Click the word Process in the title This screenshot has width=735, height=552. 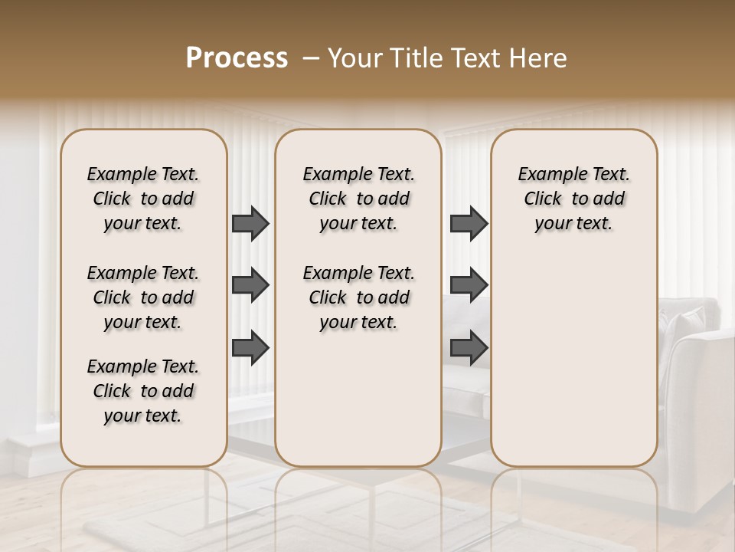[x=237, y=58]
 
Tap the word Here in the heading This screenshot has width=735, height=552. [x=539, y=58]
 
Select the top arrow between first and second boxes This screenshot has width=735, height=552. [x=250, y=223]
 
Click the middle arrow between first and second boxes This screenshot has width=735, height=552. [x=250, y=286]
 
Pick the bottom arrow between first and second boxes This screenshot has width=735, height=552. [x=250, y=348]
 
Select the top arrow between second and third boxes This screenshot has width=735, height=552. [x=469, y=223]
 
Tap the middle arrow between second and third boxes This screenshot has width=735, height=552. [x=469, y=286]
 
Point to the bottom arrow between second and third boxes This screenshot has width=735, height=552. [x=469, y=348]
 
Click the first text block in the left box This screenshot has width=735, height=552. [x=143, y=199]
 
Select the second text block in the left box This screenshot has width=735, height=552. [x=143, y=297]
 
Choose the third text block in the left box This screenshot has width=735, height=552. [x=143, y=391]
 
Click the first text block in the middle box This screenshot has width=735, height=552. [x=358, y=199]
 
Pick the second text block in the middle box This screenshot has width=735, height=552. [x=358, y=297]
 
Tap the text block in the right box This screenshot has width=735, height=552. [x=574, y=199]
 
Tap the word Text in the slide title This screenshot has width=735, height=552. [x=475, y=58]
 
